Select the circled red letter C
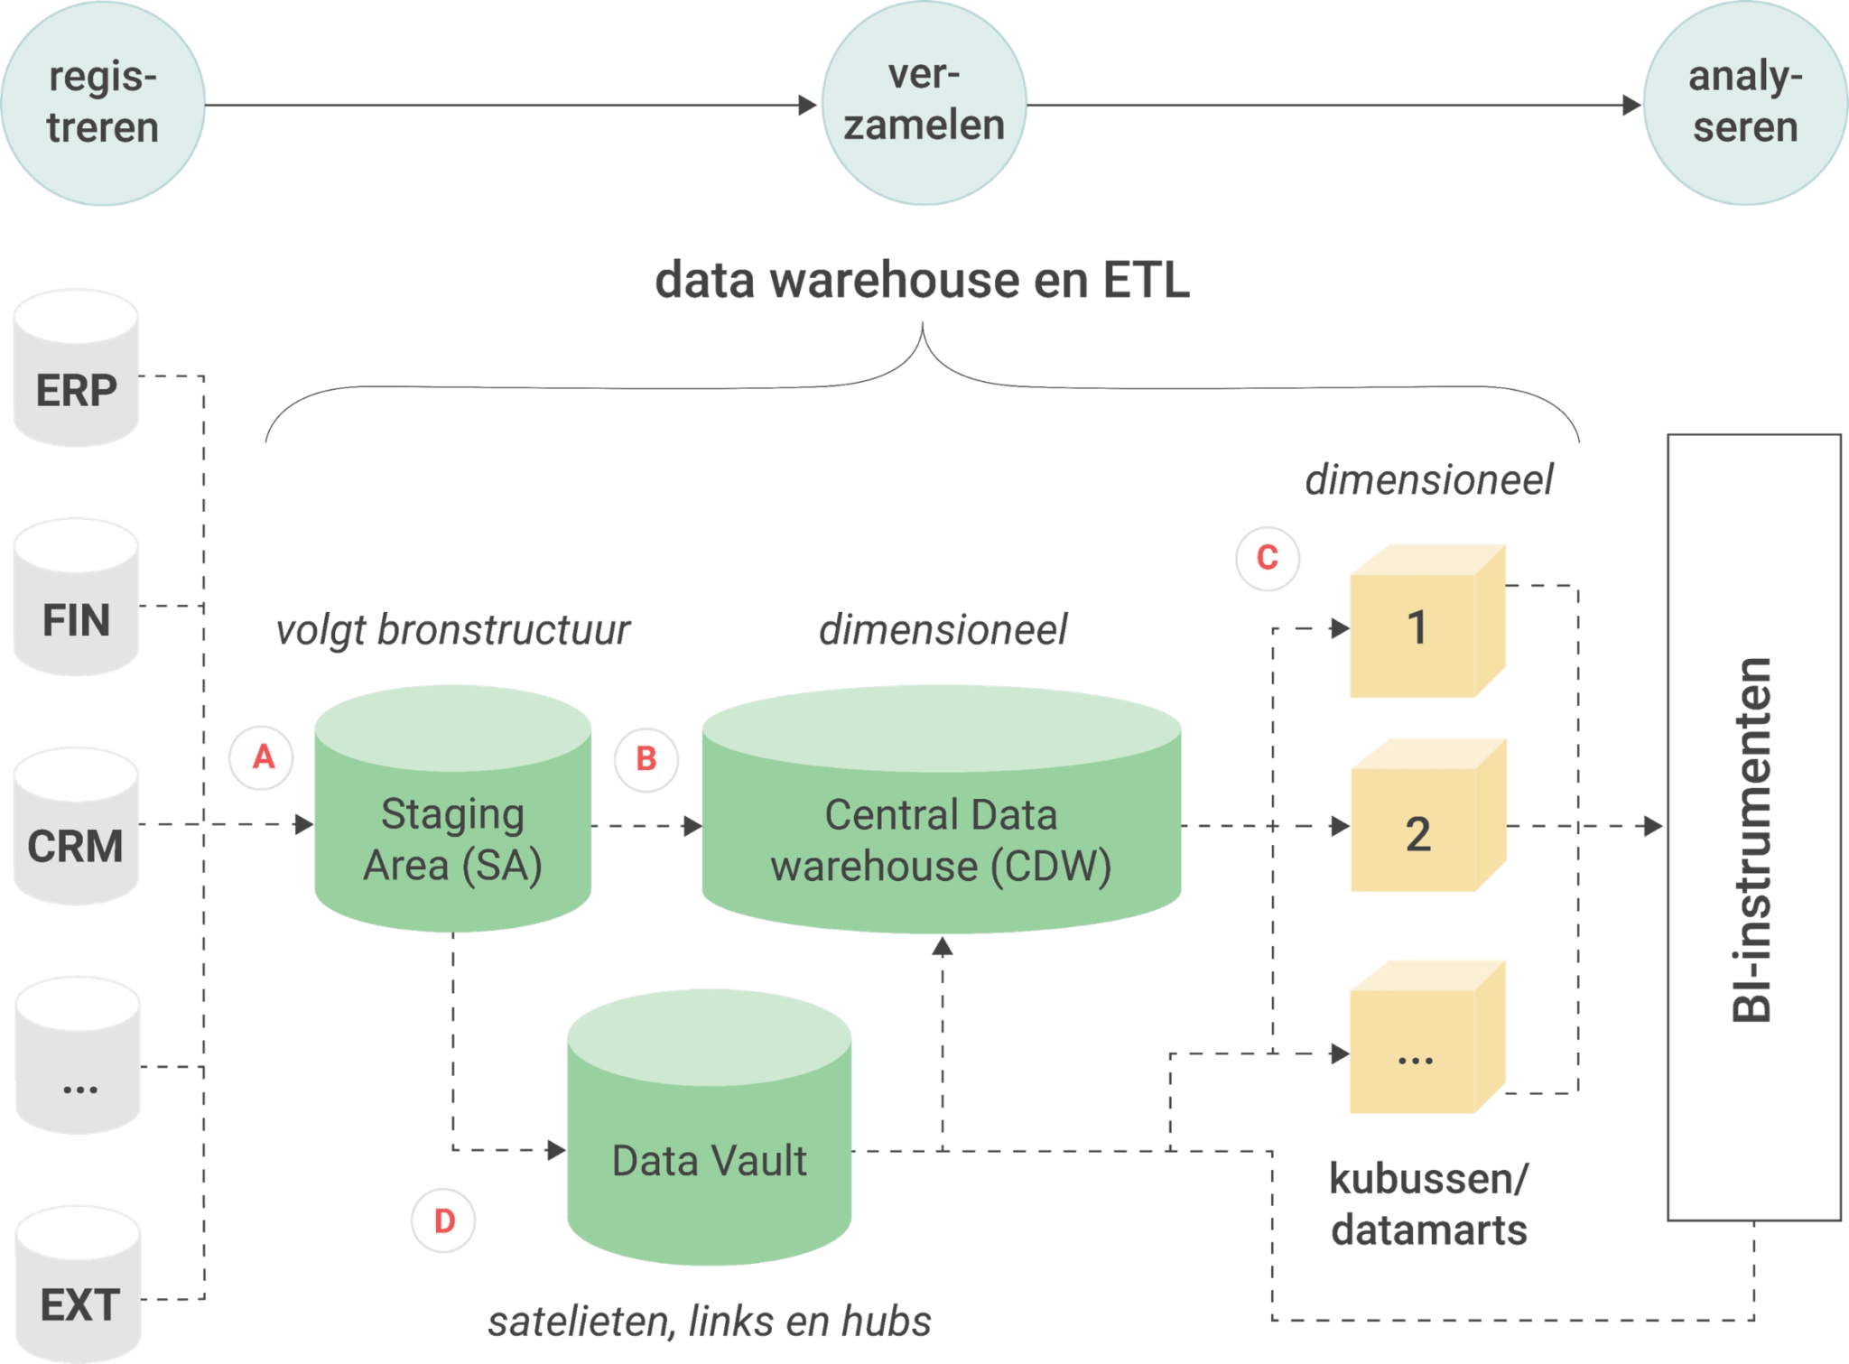pos(1267,558)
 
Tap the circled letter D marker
pos(443,1220)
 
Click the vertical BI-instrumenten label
pos(1752,840)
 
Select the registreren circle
pos(103,103)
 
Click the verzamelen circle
pos(924,102)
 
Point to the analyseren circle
pos(1744,103)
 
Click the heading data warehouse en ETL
pos(921,281)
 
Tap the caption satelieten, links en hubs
pos(710,1322)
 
